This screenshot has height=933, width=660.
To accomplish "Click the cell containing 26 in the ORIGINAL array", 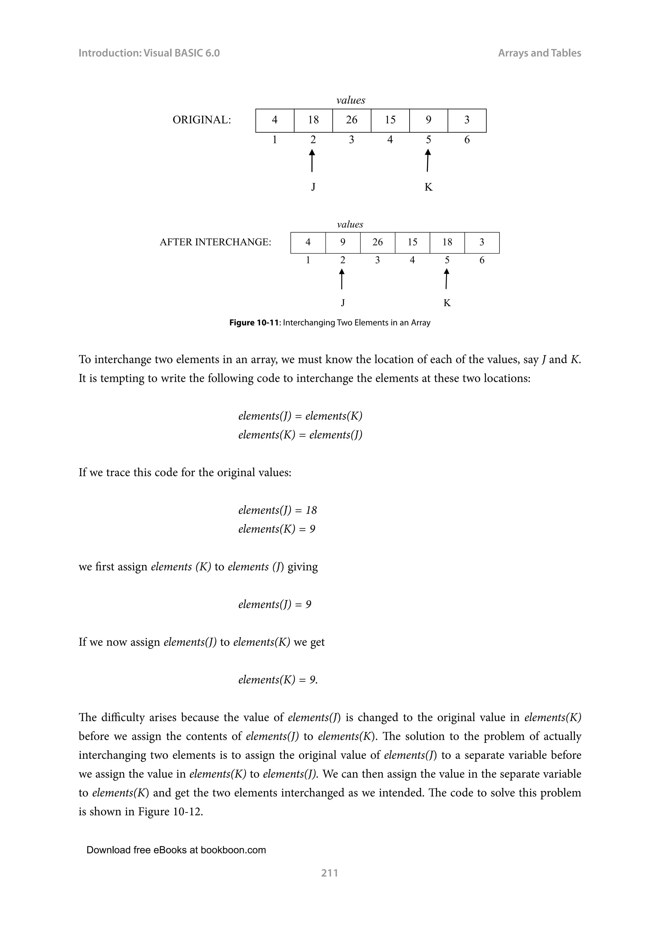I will click(x=352, y=120).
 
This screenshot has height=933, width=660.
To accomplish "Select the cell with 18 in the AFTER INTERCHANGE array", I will click(x=447, y=243).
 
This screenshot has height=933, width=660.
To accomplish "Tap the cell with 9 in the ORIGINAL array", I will click(x=428, y=120).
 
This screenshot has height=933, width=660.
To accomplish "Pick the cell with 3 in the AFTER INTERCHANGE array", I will click(x=481, y=243).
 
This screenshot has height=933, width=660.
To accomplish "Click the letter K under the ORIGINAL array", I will click(x=428, y=187).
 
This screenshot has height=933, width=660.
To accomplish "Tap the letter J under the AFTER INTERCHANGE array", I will click(x=343, y=303).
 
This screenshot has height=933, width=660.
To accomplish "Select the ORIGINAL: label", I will click(x=201, y=120).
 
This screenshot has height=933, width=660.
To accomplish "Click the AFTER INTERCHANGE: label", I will click(x=215, y=243).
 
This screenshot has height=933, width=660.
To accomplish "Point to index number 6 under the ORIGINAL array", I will click(x=467, y=140).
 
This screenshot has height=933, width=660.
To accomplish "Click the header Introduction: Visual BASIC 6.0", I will click(x=149, y=53).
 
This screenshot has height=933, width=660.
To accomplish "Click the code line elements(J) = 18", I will click(x=277, y=510).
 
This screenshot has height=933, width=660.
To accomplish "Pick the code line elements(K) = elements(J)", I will click(x=300, y=435).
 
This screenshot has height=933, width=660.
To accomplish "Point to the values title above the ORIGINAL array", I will click(x=351, y=101).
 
